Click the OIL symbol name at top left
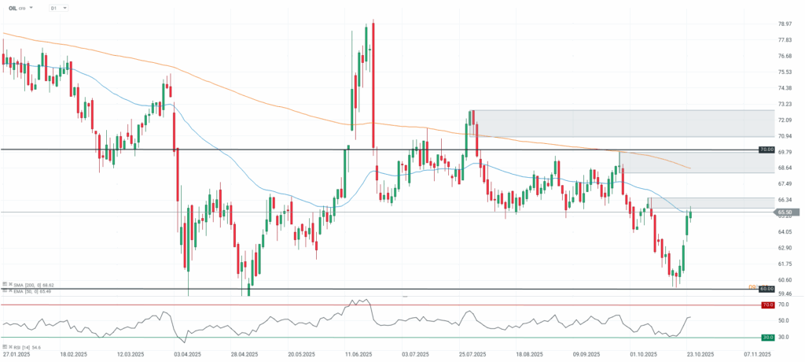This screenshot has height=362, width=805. pyautogui.click(x=13, y=8)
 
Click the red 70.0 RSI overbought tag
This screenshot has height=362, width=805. pyautogui.click(x=767, y=305)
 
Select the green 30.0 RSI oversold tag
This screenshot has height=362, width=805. pyautogui.click(x=767, y=338)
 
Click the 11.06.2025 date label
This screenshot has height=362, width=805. pyautogui.click(x=358, y=355)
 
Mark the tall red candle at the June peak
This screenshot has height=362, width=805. pyautogui.click(x=373, y=85)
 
